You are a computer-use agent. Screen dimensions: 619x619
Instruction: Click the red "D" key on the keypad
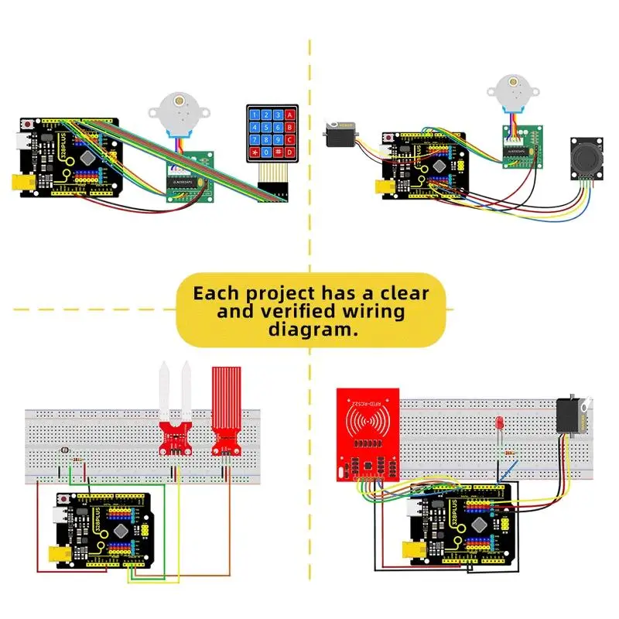290,155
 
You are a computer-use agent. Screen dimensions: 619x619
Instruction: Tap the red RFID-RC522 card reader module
368,433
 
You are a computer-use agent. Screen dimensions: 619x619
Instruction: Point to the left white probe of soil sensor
165,391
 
